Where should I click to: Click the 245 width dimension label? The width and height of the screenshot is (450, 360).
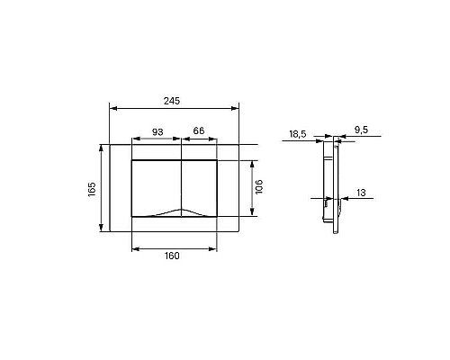pos(172,101)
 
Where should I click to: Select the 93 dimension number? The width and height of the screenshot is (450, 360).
pos(157,131)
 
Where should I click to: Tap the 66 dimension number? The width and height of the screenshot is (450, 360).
pos(199,130)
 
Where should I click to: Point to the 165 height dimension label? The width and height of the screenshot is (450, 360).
pos(92,189)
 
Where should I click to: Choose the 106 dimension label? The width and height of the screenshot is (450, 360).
pos(259,186)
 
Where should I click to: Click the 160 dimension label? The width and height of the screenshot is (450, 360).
pos(172,256)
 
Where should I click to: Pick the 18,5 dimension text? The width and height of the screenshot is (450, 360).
pos(298,134)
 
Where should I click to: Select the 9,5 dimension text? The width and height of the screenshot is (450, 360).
pos(361,130)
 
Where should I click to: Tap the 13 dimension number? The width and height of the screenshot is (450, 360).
pos(361,193)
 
